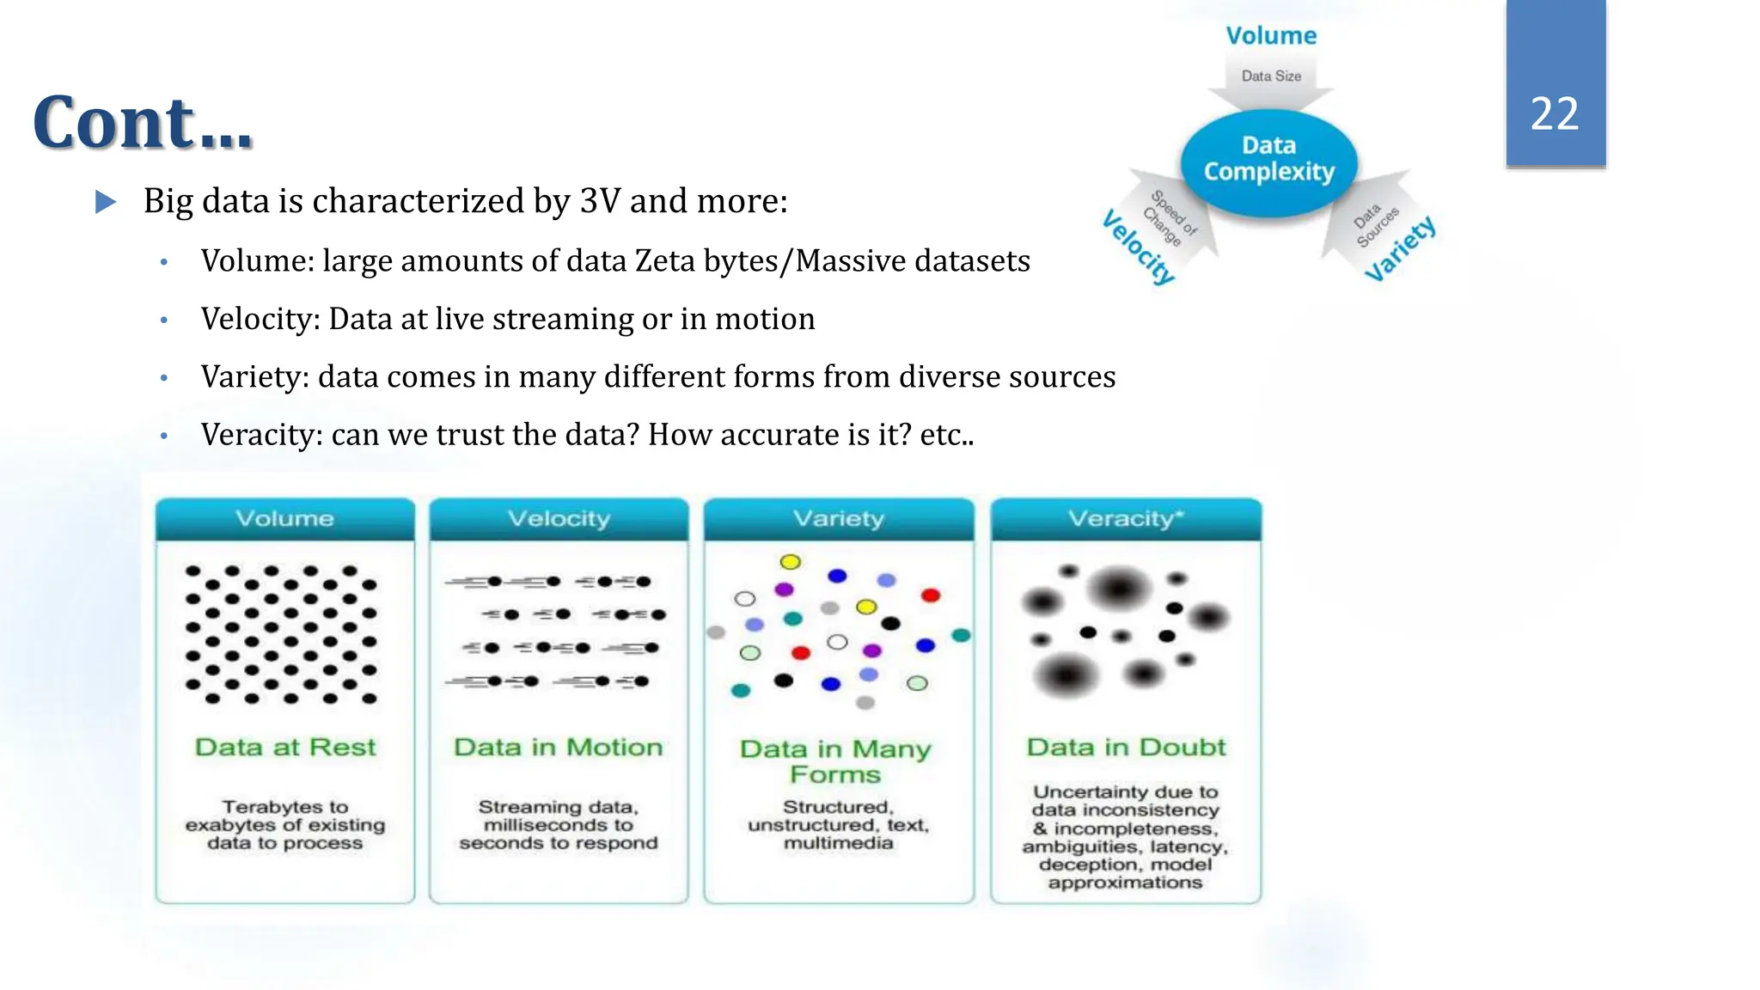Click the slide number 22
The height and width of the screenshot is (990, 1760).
[1555, 113]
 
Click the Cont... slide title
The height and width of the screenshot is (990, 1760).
[143, 123]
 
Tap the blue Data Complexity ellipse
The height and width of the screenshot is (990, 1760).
[1268, 161]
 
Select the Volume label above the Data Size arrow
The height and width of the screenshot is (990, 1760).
[1271, 35]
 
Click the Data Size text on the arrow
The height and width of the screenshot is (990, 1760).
[1271, 76]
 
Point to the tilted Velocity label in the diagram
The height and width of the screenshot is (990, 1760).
[1139, 247]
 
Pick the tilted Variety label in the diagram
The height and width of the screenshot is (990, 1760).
[1401, 248]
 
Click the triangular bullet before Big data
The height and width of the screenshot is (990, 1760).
[105, 202]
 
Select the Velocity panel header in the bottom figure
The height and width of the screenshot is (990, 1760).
[559, 518]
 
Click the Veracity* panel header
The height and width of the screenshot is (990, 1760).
[1126, 518]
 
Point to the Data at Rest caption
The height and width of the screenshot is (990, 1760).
[285, 747]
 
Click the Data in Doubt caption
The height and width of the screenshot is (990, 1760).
[1126, 747]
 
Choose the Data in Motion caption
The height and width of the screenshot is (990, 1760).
[559, 747]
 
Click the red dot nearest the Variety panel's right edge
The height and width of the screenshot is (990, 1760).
[931, 595]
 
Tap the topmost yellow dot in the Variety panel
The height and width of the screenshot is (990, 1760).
[790, 562]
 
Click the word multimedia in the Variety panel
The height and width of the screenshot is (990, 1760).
[838, 843]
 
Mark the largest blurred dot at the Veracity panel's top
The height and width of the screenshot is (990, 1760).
[1119, 589]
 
